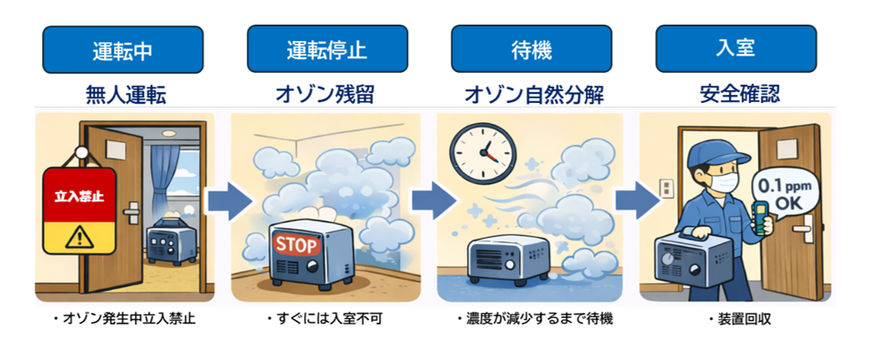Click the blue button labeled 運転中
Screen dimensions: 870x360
(x=123, y=49)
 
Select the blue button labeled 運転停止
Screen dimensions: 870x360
(x=327, y=49)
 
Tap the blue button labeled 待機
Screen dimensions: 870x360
(x=531, y=49)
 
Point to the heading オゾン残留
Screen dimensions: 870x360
(x=327, y=94)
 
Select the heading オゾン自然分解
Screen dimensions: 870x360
(x=531, y=94)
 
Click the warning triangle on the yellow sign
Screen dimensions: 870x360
(x=79, y=237)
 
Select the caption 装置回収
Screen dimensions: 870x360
(x=739, y=320)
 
